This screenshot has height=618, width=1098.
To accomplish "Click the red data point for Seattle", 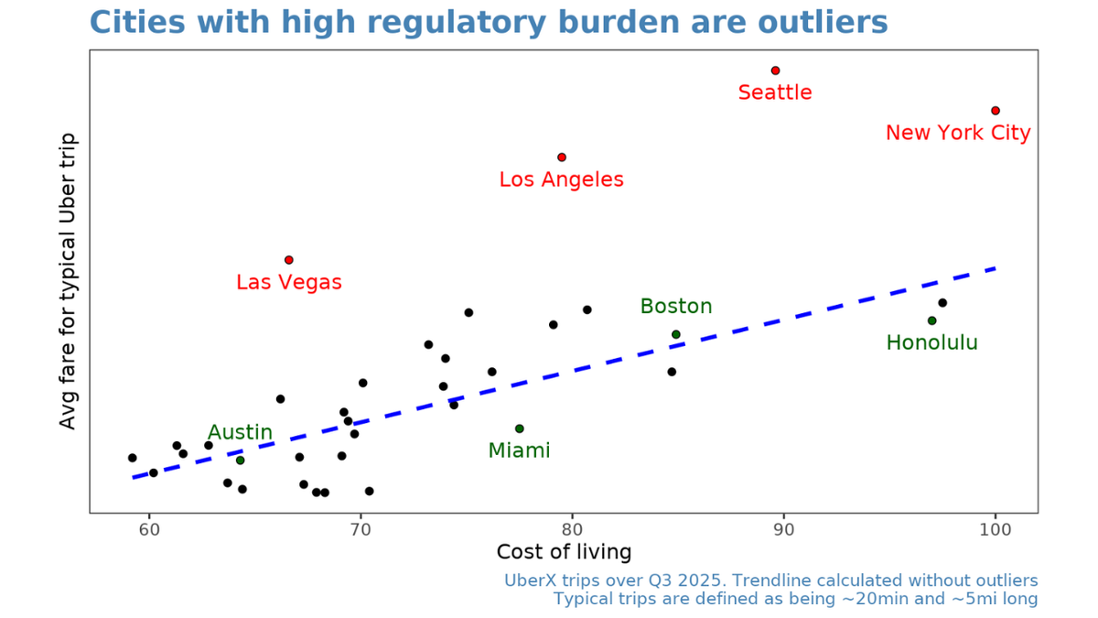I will coord(775,70).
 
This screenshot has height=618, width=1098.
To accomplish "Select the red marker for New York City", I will coord(996,111).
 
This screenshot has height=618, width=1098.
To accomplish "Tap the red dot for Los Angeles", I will coord(562,157).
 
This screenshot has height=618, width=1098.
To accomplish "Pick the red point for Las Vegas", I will coord(289,260).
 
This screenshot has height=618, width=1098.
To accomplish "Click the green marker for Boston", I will coord(676,334).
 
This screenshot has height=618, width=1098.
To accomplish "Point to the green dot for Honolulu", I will coord(931,320).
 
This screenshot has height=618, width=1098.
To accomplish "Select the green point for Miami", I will coord(519,428).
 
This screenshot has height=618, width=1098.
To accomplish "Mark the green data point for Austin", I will coord(240,460).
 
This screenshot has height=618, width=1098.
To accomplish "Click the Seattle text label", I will coord(775,92).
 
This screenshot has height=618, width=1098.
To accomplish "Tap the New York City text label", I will coord(958,134).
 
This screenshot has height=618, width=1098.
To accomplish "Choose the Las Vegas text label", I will coord(289,283).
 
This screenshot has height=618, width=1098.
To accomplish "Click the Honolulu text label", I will coord(931,343).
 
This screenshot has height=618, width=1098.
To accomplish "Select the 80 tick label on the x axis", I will coord(572,528).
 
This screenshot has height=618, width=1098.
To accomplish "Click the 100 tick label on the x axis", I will coord(996,528).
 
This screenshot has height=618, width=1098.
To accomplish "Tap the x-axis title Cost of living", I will coord(564,552).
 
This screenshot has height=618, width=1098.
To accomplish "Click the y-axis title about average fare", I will coord(68,280).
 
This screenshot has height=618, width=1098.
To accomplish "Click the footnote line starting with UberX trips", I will coord(770,580).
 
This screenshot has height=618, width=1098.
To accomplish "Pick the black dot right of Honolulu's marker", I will coord(942,303).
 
